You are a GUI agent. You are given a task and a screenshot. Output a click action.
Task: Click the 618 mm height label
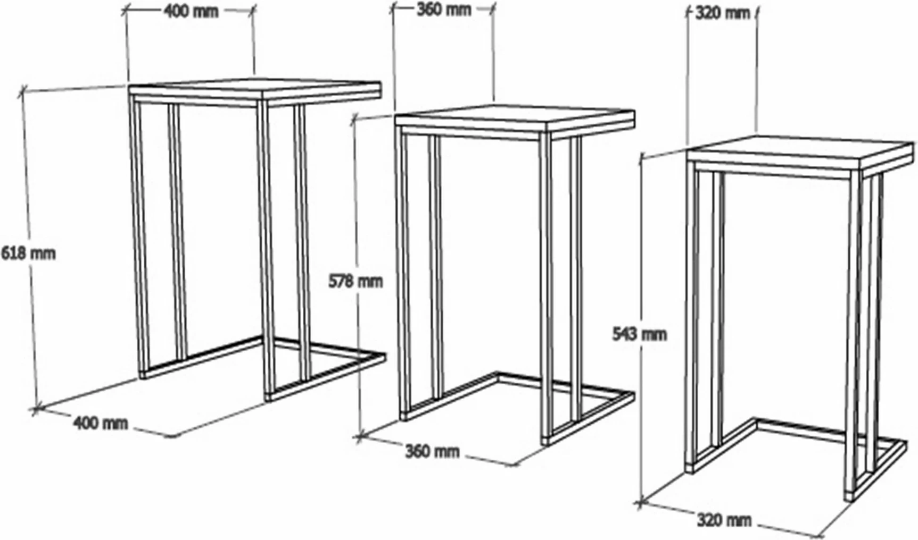tap(28, 253)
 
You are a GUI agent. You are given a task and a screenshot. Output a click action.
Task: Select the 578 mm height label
tap(355, 281)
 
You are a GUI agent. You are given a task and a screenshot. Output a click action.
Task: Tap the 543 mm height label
tap(639, 334)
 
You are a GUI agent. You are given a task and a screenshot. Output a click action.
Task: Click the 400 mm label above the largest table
tap(190, 11)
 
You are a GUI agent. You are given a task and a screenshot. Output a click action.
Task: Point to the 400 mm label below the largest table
tap(101, 423)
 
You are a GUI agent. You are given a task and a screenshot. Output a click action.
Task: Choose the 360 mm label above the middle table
tap(443, 10)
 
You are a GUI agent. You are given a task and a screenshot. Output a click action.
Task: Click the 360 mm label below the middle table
tap(432, 451)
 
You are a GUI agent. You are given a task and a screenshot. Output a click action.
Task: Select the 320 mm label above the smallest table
tap(722, 13)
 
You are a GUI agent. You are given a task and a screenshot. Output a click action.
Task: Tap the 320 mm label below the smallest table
tap(724, 519)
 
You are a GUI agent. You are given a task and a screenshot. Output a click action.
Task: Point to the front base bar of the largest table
tap(324, 378)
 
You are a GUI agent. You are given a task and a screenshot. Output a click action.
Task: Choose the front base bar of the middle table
tap(589, 419)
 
